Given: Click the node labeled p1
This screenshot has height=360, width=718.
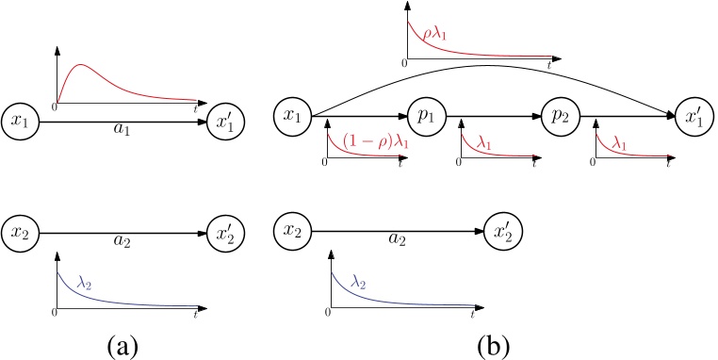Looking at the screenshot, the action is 427,116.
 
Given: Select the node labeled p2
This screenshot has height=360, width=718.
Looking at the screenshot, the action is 561,116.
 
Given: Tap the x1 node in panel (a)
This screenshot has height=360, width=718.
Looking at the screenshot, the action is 20,123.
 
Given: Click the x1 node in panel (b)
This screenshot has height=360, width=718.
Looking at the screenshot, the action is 293,116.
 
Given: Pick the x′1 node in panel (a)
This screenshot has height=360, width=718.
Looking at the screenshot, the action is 226,123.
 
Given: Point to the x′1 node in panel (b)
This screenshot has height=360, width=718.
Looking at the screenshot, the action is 694,116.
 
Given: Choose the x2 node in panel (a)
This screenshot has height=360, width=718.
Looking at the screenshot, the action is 20,233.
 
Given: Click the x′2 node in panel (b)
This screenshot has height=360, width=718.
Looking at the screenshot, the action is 503,233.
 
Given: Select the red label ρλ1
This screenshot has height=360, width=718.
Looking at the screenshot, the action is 434,34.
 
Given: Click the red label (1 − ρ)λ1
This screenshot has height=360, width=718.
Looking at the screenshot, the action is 374,141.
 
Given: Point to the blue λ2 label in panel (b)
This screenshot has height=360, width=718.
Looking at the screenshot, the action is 358,282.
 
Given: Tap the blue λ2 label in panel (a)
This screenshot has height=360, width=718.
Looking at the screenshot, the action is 84,284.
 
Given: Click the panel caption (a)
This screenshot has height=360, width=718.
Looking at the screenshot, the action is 122,346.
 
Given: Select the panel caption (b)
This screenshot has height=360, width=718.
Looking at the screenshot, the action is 494,346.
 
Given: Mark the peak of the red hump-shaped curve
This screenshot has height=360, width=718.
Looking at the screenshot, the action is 81,65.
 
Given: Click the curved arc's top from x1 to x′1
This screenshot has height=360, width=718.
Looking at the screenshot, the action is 490,65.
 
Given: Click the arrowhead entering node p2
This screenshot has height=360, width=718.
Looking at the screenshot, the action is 538,116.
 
